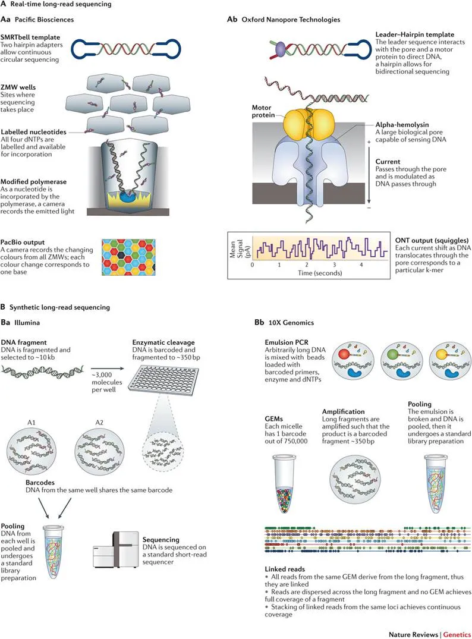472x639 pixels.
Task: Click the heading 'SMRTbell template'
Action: point(30,37)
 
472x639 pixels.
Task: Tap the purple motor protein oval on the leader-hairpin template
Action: point(281,49)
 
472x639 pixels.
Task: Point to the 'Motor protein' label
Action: point(262,111)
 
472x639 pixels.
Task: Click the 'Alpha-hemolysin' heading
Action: point(402,125)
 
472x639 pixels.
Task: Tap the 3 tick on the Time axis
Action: point(334,265)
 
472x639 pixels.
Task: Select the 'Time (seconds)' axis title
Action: point(320,273)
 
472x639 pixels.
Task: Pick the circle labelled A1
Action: point(32,451)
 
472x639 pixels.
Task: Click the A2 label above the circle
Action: point(99,422)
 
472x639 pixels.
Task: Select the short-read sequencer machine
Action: point(116,549)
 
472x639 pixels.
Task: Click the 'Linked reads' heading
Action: point(285,569)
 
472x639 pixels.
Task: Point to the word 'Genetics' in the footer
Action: point(457,634)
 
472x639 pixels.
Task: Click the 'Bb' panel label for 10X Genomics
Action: point(259,322)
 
